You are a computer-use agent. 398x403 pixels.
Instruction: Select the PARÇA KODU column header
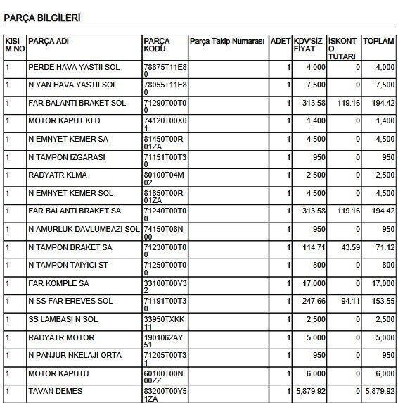click(x=156, y=46)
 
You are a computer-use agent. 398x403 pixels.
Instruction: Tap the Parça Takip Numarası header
click(x=226, y=41)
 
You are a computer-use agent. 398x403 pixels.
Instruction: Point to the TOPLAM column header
click(x=378, y=41)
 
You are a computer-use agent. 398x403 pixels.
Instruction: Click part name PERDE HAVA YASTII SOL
click(x=72, y=67)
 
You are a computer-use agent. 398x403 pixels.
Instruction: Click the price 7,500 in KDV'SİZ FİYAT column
click(x=316, y=85)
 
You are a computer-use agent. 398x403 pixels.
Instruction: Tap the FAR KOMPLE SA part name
click(x=58, y=283)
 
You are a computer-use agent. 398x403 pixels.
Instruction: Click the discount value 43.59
click(x=349, y=247)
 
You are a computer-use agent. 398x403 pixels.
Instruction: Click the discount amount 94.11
click(x=349, y=302)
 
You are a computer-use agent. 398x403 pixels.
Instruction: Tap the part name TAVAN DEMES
click(x=56, y=391)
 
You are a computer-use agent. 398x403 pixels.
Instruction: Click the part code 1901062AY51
click(x=165, y=341)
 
